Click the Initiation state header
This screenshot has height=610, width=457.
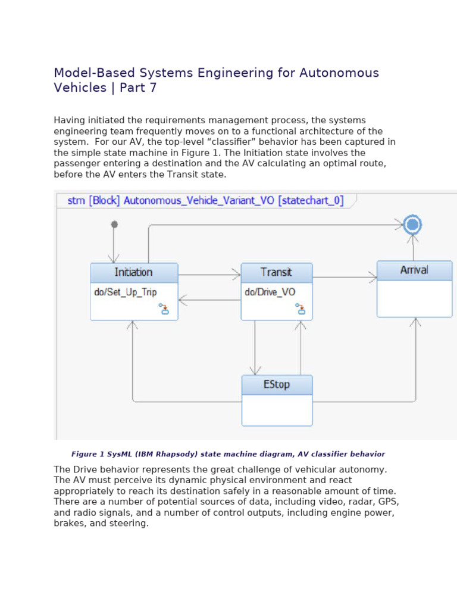pyautogui.click(x=134, y=272)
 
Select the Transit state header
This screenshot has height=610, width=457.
pyautogui.click(x=276, y=272)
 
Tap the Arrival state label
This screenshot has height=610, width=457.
pyautogui.click(x=414, y=270)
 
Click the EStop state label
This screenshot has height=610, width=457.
pyautogui.click(x=277, y=384)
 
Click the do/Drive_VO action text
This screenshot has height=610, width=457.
pyautogui.click(x=270, y=292)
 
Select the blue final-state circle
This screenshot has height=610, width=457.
pyautogui.click(x=412, y=225)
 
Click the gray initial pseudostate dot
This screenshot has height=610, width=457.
pyautogui.click(x=114, y=225)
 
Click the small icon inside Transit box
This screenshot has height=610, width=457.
pyautogui.click(x=301, y=308)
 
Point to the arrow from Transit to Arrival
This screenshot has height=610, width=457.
pyautogui.click(x=345, y=277)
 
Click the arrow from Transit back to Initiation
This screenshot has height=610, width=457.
pyautogui.click(x=209, y=300)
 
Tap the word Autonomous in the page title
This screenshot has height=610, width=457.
pyautogui.click(x=339, y=73)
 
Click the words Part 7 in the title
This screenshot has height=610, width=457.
pyautogui.click(x=138, y=88)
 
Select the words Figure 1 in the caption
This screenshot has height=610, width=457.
pyautogui.click(x=87, y=454)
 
